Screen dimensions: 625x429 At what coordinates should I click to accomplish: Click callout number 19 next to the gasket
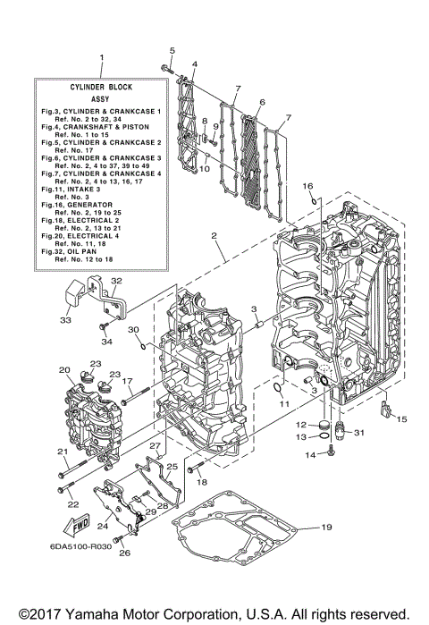click(326, 528)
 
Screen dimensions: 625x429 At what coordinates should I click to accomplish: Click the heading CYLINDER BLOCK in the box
click(100, 88)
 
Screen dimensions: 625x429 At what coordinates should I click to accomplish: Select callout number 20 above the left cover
click(64, 369)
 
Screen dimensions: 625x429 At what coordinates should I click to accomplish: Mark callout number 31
click(360, 434)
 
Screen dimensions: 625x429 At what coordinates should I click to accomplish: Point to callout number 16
click(307, 186)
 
